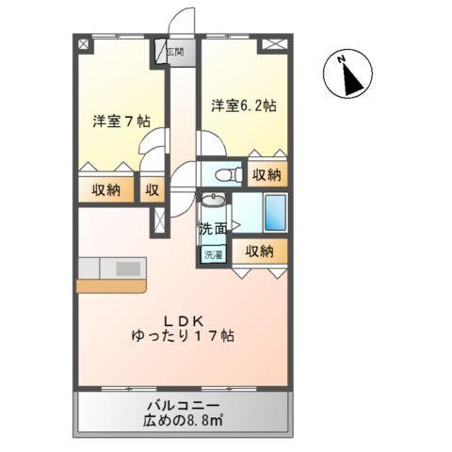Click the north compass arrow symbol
pos(348,75)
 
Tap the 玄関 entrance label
pos(174,54)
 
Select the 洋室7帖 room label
pos(121,121)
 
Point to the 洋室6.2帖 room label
pos(245,105)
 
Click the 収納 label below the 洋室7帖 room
pos(105,189)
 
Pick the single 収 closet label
pos(152,189)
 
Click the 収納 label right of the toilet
pos(266,175)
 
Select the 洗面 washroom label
pos(212,228)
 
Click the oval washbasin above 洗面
pos(214,202)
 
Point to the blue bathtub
pos(276,212)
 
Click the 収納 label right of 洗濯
pos(259,251)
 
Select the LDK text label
pos(182,318)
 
